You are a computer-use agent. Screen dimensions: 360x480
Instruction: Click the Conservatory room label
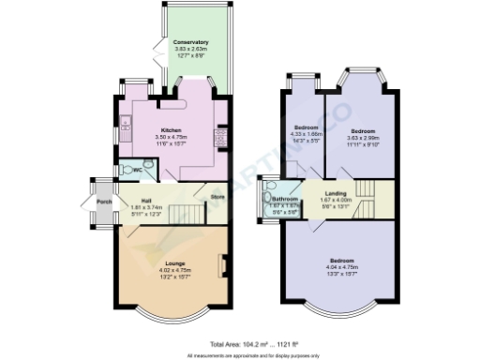click(190, 43)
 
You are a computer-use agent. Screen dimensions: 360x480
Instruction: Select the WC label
click(137, 170)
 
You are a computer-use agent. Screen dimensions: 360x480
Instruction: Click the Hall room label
click(147, 200)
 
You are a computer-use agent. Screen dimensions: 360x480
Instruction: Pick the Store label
click(217, 197)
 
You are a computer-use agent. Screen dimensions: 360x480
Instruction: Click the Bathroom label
click(285, 199)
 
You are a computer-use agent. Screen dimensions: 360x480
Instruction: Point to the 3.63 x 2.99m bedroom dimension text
click(363, 137)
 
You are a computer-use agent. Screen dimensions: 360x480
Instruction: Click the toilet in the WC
click(126, 170)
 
